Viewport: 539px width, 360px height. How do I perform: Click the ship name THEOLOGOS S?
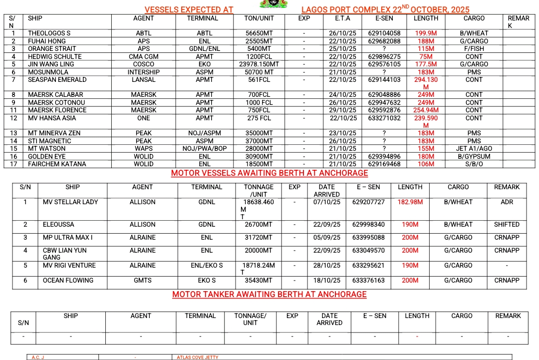pyautogui.click(x=49, y=33)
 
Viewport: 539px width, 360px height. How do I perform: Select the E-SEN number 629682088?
pyautogui.click(x=384, y=41)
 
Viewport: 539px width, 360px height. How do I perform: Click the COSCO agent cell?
pyautogui.click(x=143, y=64)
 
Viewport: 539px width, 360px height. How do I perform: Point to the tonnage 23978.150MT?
pyautogui.click(x=259, y=64)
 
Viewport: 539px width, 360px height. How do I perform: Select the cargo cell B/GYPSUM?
pyautogui.click(x=474, y=157)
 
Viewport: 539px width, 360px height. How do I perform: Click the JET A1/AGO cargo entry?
pyautogui.click(x=474, y=149)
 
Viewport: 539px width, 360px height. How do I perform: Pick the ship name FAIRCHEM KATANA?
pyautogui.click(x=57, y=164)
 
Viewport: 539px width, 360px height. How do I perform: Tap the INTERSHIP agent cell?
pyautogui.click(x=143, y=72)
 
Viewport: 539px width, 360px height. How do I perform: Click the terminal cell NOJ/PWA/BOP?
pyautogui.click(x=204, y=149)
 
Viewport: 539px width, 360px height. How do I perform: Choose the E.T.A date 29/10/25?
pyautogui.click(x=342, y=110)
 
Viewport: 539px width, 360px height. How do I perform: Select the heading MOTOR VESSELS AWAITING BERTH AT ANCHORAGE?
pyautogui.click(x=269, y=173)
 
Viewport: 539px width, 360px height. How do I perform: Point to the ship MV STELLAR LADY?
pyautogui.click(x=70, y=202)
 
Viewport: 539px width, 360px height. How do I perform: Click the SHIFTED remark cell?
pyautogui.click(x=507, y=225)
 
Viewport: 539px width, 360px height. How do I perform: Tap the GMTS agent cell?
pyautogui.click(x=142, y=281)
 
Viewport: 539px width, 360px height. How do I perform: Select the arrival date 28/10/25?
pyautogui.click(x=327, y=266)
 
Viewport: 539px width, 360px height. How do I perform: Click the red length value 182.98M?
pyautogui.click(x=410, y=202)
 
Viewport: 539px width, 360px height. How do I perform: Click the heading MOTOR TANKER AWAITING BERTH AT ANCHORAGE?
pyautogui.click(x=269, y=295)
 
